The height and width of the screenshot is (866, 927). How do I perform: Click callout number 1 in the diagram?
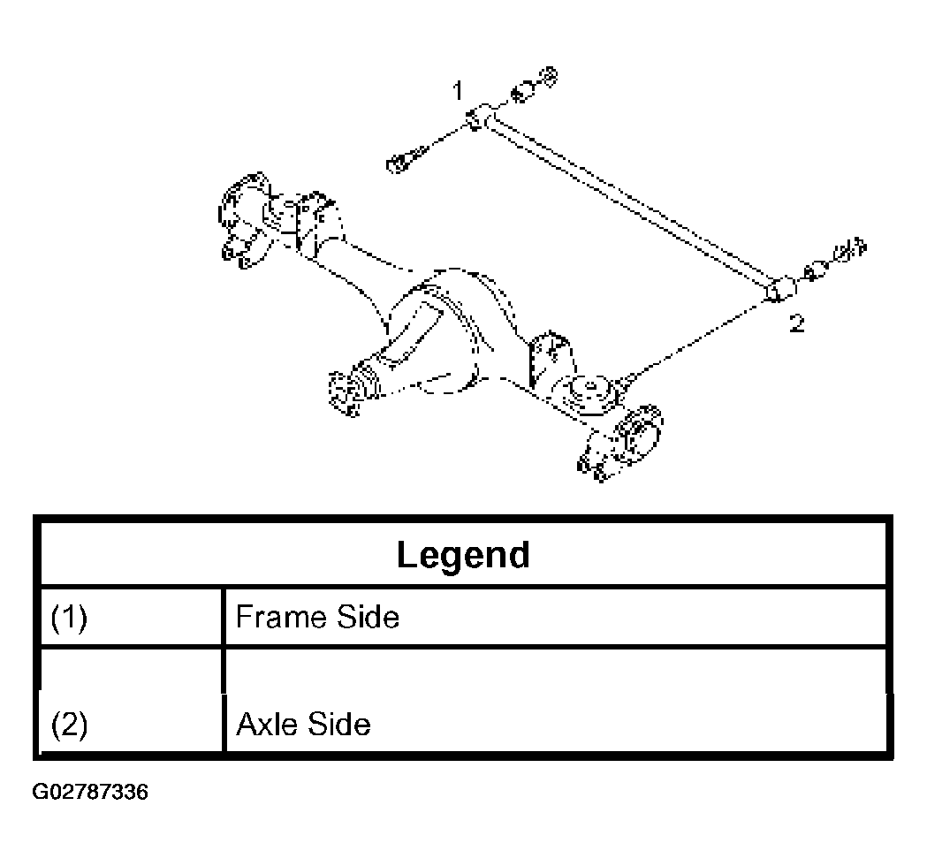pos(457,91)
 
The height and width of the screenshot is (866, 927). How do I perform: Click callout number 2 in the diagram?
pos(797,323)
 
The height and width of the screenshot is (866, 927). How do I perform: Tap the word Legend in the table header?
pos(463,555)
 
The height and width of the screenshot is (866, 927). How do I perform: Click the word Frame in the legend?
pos(281,617)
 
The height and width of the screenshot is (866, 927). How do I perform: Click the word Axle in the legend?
pos(269,724)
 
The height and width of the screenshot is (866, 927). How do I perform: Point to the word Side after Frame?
pos(368,617)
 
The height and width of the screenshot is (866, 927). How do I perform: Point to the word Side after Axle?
pos(339,724)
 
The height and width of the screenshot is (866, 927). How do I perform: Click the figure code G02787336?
pos(90,792)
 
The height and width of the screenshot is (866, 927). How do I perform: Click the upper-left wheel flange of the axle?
pos(244,220)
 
